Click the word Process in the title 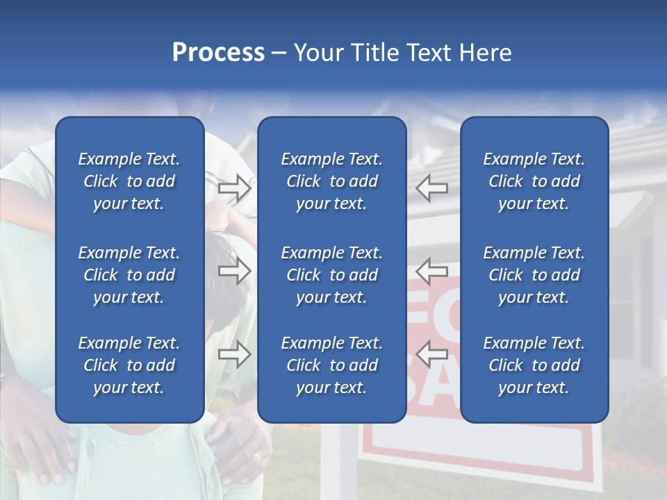tap(217, 53)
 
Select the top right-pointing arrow tap(234, 188)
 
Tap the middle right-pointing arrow tap(234, 272)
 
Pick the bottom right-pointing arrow tap(234, 355)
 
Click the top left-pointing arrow tap(432, 187)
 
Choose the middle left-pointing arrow tap(432, 271)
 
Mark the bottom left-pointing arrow tap(432, 353)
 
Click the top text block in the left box tap(129, 181)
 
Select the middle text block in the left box tap(129, 275)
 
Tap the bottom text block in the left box tap(129, 365)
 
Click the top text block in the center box tap(331, 181)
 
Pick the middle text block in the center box tap(331, 275)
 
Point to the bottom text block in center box tap(331, 365)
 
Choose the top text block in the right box tap(534, 181)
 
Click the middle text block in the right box tap(534, 275)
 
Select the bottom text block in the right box tap(534, 365)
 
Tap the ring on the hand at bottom tap(257, 458)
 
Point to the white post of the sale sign tap(347, 458)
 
